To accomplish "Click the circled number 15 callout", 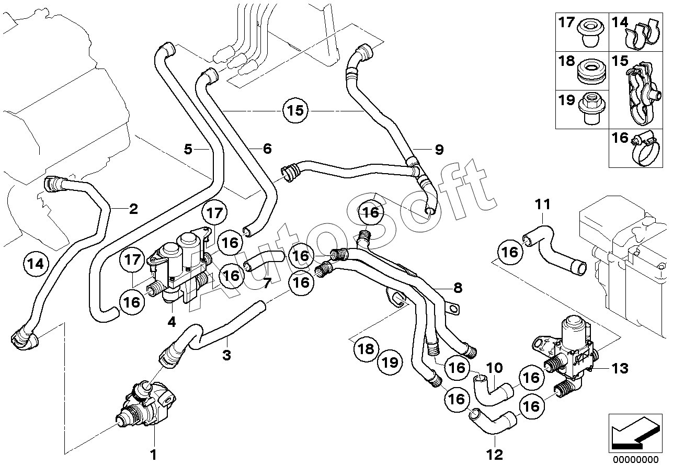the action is coord(295,110).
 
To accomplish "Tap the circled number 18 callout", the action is coord(366,349).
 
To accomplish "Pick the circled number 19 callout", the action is coord(390,362).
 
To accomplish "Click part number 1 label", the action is coord(153,455).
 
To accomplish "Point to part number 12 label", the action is coord(494,455).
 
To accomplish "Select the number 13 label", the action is coord(620,368).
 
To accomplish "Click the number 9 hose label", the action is coord(439,149).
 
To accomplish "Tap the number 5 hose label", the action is coord(188,149).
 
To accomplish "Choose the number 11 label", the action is coord(543,205).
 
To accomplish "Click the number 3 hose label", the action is coord(226,355).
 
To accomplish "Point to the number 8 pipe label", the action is coord(458,288).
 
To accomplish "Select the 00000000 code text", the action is coord(635,468).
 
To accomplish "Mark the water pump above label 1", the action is coord(146,403).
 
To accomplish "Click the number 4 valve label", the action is coord(172,322).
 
